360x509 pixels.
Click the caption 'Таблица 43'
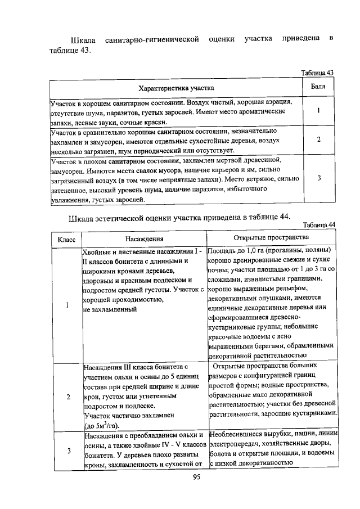(x=318, y=73)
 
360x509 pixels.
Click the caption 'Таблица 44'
(x=318, y=225)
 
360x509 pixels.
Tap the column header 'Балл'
(x=318, y=87)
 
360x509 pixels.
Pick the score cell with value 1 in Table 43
(x=319, y=111)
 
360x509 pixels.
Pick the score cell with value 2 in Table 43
(x=319, y=140)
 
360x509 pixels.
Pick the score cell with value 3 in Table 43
(x=319, y=178)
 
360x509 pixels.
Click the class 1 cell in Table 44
(x=67, y=305)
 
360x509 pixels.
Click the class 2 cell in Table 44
(x=67, y=397)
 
